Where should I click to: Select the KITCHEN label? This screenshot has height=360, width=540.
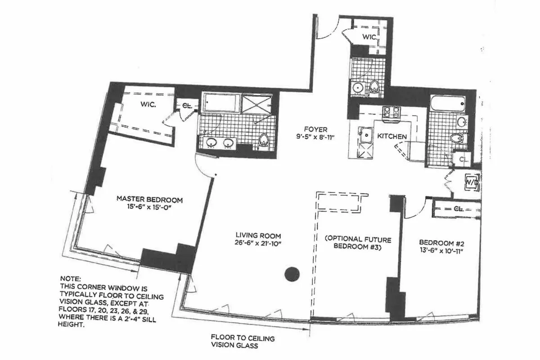coord(392,136)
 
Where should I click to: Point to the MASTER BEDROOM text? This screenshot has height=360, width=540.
coord(149,199)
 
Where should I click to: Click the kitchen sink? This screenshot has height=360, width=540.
coord(365,134)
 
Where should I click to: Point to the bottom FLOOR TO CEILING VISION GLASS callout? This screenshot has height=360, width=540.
coord(243,342)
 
